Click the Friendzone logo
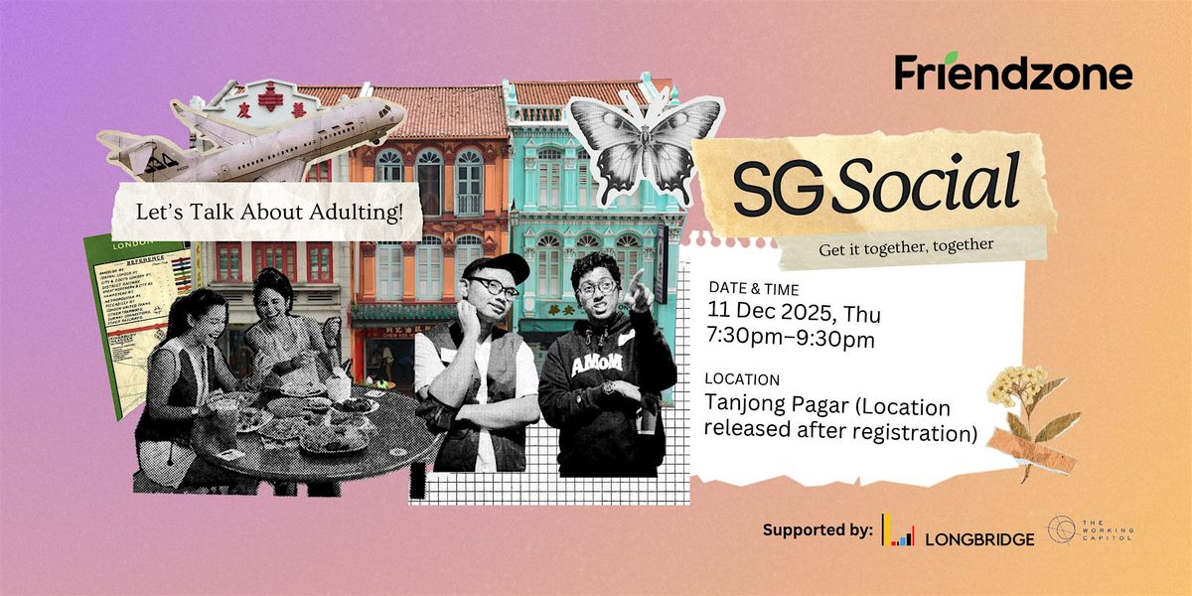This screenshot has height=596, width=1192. click(x=1013, y=74)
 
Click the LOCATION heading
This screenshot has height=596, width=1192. click(x=741, y=379)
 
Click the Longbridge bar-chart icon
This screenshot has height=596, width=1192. click(x=898, y=533)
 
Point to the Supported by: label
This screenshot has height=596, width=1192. click(x=818, y=530)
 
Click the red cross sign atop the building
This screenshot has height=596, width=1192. click(x=269, y=96)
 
